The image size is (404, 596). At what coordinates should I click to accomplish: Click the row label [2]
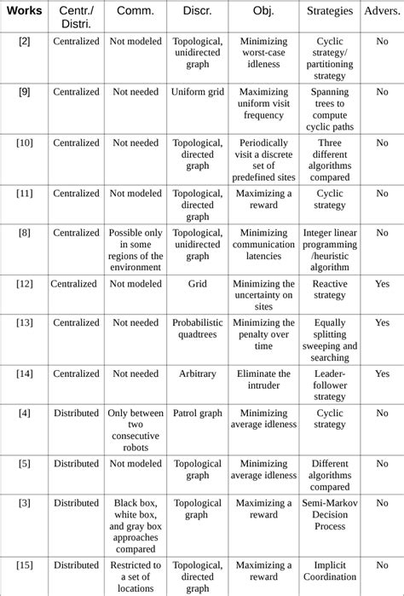click(24, 41)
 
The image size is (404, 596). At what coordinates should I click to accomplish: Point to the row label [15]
click(24, 564)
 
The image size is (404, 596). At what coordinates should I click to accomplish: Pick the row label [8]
click(24, 232)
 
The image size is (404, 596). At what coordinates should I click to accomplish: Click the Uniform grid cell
click(197, 92)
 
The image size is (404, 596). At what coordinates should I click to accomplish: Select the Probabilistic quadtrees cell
click(197, 329)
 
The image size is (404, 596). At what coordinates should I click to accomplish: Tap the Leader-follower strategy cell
click(330, 385)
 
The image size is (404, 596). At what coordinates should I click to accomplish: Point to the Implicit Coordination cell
click(330, 570)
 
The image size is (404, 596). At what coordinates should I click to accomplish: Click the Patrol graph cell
click(197, 413)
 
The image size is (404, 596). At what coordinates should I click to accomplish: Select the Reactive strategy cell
click(330, 289)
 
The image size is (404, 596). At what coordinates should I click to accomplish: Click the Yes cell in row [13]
click(382, 323)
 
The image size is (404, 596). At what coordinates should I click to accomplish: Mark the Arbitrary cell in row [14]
click(197, 373)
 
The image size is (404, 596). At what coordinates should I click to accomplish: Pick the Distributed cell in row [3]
click(76, 503)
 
